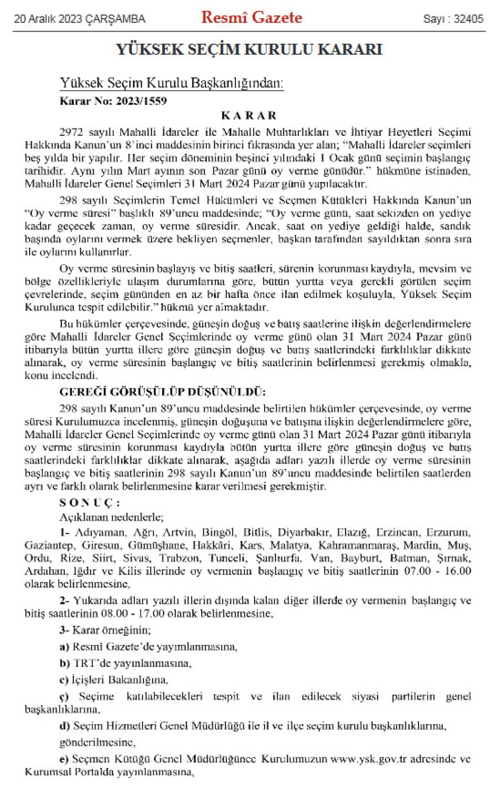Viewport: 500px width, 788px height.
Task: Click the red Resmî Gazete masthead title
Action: click(x=252, y=18)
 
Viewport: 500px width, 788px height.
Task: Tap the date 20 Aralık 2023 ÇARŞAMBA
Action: click(x=80, y=19)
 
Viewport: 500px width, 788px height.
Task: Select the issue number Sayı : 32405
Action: click(x=453, y=19)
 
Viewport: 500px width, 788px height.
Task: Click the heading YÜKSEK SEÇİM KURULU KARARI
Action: click(x=249, y=50)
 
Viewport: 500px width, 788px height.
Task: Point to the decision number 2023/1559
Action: click(x=143, y=101)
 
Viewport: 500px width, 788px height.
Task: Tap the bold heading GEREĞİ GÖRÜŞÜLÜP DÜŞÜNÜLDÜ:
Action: click(x=162, y=393)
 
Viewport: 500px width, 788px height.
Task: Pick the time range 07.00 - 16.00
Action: click(x=438, y=571)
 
